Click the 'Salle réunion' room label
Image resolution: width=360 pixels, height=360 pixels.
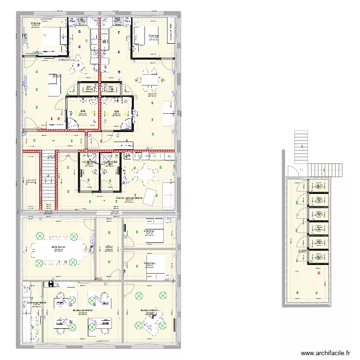59,246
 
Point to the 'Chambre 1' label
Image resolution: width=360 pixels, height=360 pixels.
150,230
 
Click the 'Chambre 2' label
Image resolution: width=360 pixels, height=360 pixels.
150,263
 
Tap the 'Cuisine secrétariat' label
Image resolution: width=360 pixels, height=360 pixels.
36,302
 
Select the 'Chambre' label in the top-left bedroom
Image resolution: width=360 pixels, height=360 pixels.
35,23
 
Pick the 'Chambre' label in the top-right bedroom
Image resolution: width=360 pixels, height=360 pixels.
153,36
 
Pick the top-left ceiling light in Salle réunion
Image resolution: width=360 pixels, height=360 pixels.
39,236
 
